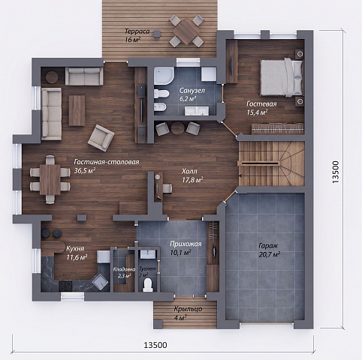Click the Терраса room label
coord(137,31)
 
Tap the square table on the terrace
coord(186,31)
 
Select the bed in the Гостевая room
coord(282,77)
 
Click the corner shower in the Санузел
coord(164,76)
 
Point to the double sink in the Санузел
coord(197,111)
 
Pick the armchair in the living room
coord(101,138)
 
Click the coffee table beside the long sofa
coord(77,110)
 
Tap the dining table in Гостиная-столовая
coord(50,179)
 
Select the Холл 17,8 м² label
coord(192,175)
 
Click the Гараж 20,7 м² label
coord(269,250)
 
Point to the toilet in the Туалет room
coord(147,284)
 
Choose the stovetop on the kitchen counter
coord(65,286)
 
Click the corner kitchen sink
coord(101,282)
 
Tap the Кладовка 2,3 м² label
coord(124,272)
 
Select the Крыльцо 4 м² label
coord(188,313)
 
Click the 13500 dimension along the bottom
coord(155,345)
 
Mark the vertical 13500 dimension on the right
coord(335,172)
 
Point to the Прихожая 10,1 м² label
coord(186,248)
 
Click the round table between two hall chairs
coord(178,128)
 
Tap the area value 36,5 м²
coord(85,170)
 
